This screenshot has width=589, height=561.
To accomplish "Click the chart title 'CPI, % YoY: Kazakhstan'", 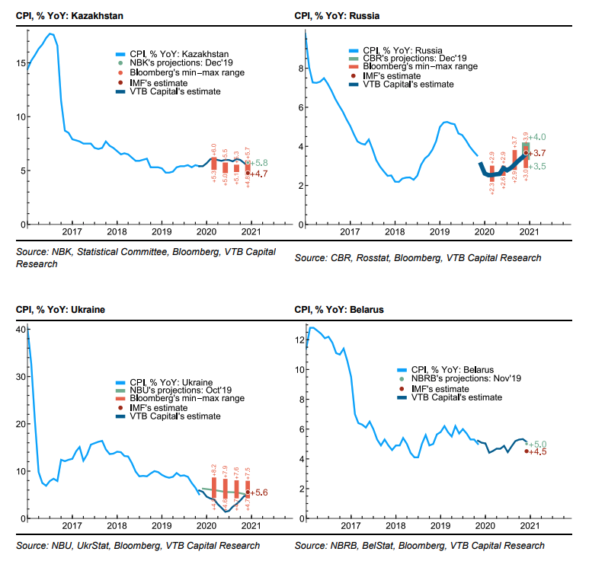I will pyautogui.click(x=64, y=15).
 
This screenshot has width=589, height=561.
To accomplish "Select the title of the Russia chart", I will pyautogui.click(x=338, y=15).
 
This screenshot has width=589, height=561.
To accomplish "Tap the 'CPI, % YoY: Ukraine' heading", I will pyautogui.click(x=60, y=310).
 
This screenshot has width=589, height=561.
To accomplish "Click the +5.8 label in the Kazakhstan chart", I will pyautogui.click(x=262, y=164).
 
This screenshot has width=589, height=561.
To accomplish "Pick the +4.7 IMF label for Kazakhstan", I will pyautogui.click(x=262, y=174).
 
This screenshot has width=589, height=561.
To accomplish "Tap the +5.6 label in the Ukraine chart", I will pyautogui.click(x=262, y=493).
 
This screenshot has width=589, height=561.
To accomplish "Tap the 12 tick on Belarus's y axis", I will pyautogui.click(x=297, y=339).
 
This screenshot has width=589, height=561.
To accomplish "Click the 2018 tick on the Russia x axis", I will pyautogui.click(x=394, y=232).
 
